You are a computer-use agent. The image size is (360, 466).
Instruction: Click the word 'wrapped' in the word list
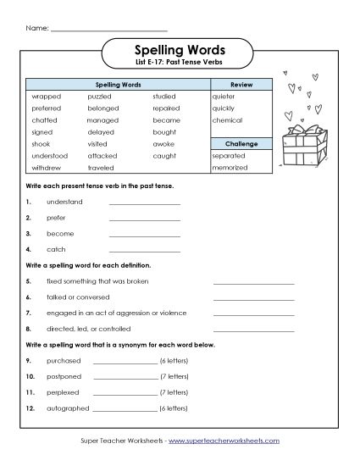click(42, 97)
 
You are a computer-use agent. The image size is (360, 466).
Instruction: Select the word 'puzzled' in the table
click(99, 97)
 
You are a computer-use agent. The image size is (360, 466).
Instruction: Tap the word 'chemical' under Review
click(227, 120)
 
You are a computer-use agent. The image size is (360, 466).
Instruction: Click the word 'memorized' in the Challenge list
click(230, 168)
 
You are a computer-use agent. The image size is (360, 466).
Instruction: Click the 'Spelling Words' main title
click(180, 51)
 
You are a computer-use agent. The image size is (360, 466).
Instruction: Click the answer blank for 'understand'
click(144, 202)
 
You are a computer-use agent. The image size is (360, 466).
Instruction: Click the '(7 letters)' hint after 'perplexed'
click(173, 392)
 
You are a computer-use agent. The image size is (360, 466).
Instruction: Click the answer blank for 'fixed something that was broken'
click(253, 281)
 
